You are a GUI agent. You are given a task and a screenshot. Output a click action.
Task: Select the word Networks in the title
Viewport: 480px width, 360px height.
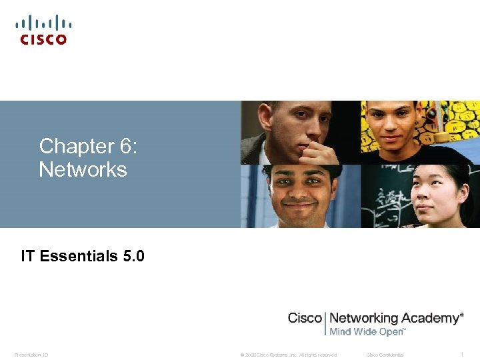(x=83, y=169)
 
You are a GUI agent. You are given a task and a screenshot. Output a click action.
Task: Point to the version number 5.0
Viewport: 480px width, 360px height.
(x=134, y=256)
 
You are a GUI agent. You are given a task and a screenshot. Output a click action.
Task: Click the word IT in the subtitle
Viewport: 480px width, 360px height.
(x=28, y=256)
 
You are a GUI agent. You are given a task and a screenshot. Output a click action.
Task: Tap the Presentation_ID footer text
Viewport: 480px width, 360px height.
(x=31, y=355)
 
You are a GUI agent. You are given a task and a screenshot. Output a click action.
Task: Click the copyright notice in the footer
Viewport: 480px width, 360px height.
(x=289, y=355)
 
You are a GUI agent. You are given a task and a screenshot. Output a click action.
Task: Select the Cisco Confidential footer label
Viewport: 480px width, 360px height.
(x=385, y=355)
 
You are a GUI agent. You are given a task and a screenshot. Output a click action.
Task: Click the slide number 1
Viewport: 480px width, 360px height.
(x=463, y=354)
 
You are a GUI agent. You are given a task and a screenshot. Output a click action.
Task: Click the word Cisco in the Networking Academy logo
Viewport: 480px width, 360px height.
(x=305, y=318)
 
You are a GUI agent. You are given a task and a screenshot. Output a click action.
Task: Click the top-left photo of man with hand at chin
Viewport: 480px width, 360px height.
(x=300, y=132)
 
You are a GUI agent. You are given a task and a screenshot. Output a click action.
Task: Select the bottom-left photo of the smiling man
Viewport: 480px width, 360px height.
(x=300, y=196)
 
